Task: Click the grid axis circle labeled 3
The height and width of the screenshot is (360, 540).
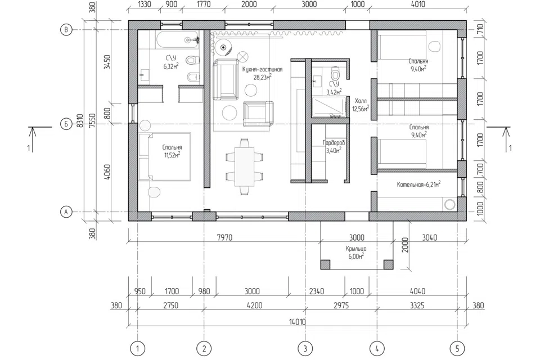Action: (x=305, y=349)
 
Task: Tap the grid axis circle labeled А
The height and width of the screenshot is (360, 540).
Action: (x=66, y=211)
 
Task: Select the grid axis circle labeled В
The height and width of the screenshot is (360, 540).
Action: (x=66, y=30)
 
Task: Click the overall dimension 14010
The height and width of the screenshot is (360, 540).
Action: (x=297, y=322)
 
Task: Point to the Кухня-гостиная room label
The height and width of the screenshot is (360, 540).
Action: (x=262, y=69)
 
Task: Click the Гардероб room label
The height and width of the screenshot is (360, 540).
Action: (x=334, y=142)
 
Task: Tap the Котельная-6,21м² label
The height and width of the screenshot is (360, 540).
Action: (x=418, y=184)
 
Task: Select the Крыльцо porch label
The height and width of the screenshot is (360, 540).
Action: (x=356, y=249)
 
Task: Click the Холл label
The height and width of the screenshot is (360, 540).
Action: (x=361, y=101)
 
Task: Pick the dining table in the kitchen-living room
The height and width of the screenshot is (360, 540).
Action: (x=245, y=166)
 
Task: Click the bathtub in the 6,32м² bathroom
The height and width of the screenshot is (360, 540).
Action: (x=177, y=39)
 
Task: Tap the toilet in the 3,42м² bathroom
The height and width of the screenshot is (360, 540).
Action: (x=335, y=73)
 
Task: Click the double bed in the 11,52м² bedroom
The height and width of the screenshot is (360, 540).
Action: (x=165, y=156)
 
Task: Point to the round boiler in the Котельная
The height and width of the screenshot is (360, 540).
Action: (x=450, y=204)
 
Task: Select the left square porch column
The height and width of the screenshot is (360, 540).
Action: (x=326, y=264)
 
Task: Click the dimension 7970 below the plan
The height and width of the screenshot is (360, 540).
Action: (x=224, y=237)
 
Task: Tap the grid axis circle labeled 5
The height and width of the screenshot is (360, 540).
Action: (x=457, y=349)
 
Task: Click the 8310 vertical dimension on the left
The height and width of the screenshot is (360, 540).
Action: (x=80, y=121)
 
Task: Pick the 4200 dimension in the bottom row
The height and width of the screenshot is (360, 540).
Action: (x=254, y=305)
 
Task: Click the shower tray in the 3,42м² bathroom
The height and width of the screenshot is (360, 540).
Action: (x=328, y=107)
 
